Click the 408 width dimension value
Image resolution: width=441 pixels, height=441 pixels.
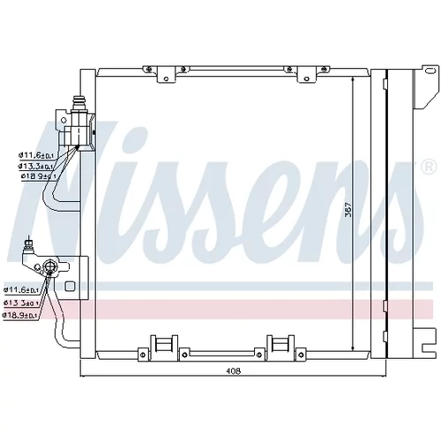point(233,371)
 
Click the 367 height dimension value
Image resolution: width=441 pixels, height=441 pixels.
point(348,209)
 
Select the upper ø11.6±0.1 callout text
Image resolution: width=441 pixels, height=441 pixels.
point(37,154)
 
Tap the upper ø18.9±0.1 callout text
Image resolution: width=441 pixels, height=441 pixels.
point(39,176)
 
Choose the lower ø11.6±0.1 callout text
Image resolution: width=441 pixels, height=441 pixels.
point(21,289)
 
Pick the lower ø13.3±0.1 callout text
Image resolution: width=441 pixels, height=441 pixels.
point(21,303)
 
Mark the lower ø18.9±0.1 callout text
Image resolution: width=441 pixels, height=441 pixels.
point(20,315)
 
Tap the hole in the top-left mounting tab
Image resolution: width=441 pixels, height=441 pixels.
point(166,78)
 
